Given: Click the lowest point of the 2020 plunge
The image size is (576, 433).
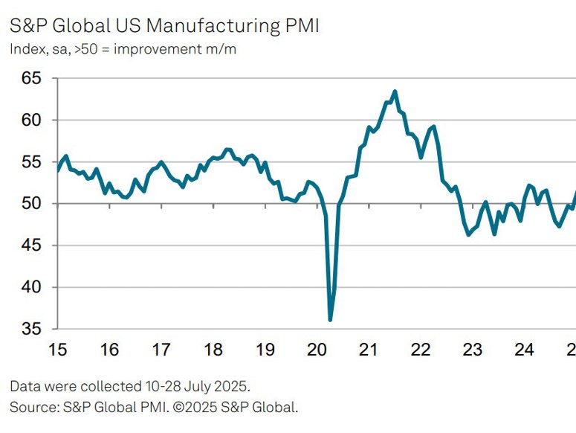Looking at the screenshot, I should (330, 320).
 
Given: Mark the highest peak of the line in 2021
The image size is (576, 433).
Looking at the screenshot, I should (395, 92).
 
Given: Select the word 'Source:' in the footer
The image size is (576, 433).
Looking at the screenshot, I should (33, 406).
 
